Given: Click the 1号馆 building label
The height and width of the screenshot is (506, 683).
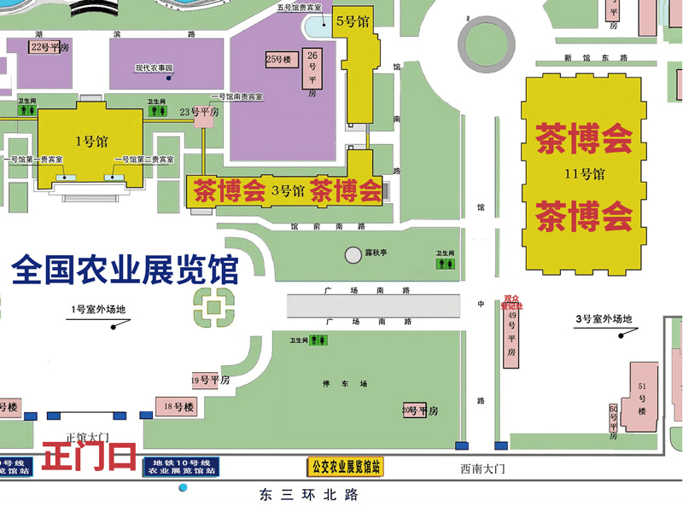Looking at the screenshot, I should pos(90,142).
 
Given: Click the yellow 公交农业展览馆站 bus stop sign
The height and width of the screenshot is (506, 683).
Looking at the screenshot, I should pos(346,467).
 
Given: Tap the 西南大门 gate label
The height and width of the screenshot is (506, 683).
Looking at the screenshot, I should pos(483,468).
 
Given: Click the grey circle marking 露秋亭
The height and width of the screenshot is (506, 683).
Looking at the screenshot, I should pos(353,254).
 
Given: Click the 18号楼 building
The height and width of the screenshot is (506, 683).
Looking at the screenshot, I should pos(175,406).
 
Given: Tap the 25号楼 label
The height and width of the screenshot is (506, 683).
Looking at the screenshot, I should pos(279,60).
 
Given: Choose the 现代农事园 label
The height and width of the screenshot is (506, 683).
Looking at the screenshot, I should pos(155,67).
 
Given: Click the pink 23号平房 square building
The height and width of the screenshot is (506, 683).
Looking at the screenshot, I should pos(205,119).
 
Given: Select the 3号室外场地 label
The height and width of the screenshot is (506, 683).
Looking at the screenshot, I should pos(604,320).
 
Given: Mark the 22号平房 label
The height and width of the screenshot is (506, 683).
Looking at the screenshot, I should pos(50,48).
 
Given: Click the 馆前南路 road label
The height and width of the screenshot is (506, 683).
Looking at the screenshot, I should pos(327,227).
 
